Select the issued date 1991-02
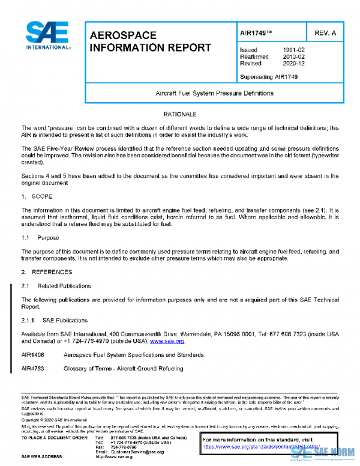292,49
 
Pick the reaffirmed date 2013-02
292,56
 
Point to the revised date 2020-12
292,63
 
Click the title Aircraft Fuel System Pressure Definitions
214,93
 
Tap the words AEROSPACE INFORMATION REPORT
150,41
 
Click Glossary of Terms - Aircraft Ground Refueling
123,368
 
